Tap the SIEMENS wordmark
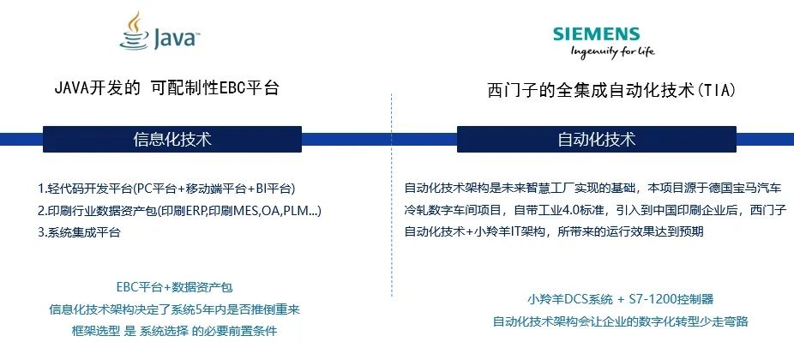[x=596, y=34]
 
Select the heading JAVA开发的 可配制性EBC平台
[x=166, y=87]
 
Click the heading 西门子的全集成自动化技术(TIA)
[x=611, y=90]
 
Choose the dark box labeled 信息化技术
[x=172, y=139]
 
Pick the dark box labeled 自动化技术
[x=597, y=139]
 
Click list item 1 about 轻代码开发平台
[x=171, y=188]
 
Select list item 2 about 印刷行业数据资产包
[x=179, y=210]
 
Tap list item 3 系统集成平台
[x=79, y=232]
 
